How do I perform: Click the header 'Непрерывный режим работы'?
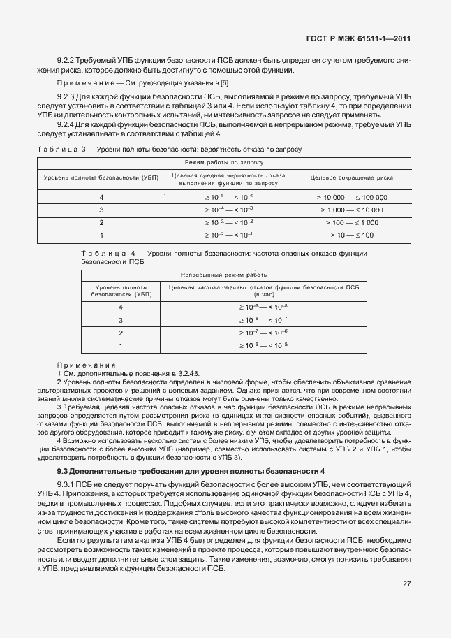[x=223, y=275]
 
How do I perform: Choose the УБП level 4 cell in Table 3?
[x=101, y=197]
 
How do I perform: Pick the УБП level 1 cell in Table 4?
[x=120, y=345]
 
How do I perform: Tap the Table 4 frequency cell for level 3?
[x=263, y=320]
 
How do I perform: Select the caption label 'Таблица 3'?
[x=59, y=150]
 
